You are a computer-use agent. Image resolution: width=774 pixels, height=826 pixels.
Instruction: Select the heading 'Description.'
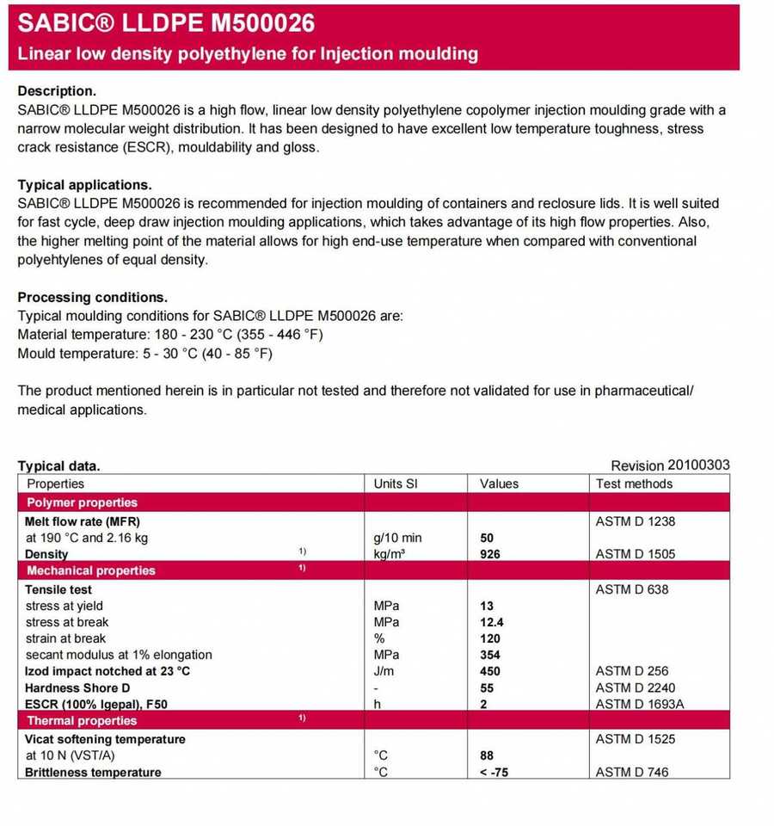point(57,91)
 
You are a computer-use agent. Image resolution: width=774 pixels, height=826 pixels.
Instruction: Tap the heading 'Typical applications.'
point(84,185)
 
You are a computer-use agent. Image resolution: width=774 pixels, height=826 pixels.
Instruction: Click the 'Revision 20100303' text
point(670,465)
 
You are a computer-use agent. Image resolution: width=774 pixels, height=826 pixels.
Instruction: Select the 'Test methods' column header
point(635,484)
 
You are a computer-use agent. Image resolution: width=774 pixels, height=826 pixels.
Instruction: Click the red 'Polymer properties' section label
point(82,502)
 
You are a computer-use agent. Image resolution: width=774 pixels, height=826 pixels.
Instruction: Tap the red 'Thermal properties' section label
point(82,721)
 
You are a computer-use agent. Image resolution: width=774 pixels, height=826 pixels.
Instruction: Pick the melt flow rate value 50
point(487,538)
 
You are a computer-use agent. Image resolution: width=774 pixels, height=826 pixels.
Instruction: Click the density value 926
point(490,555)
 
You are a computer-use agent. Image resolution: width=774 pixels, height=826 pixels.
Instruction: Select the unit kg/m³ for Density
point(389,555)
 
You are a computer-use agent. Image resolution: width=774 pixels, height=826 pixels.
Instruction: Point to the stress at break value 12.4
point(493,622)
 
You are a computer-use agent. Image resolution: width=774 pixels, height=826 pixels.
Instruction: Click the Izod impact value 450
point(490,671)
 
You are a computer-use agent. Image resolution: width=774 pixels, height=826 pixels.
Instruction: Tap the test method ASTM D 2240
point(636,687)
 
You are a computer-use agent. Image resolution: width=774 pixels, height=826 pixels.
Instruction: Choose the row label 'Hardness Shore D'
point(77,687)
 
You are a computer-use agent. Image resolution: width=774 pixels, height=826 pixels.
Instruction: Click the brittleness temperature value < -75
point(494,773)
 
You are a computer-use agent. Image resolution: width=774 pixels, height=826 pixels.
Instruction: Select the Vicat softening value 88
point(487,756)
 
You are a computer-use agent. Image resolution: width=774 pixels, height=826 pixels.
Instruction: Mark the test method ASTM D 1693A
point(639,704)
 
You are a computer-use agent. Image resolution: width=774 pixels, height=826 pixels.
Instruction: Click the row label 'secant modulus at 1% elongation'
point(119,655)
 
